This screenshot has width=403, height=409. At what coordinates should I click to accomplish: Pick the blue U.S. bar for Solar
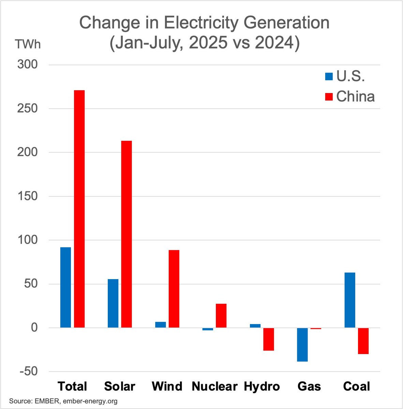click(113, 303)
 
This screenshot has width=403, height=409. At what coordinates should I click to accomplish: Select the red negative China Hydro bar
click(269, 339)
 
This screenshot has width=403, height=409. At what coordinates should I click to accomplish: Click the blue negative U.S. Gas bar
click(302, 345)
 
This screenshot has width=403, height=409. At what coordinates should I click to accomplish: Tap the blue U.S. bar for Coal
click(350, 300)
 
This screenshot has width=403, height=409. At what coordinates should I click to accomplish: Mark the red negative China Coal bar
click(363, 341)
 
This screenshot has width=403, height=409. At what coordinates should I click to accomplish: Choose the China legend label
click(355, 96)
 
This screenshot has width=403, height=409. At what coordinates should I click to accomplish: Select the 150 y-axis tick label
click(28, 196)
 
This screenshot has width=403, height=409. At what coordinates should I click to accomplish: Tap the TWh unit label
click(27, 44)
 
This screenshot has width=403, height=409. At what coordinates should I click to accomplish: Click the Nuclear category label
click(214, 387)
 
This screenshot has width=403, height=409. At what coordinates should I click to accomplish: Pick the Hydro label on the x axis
click(262, 387)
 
